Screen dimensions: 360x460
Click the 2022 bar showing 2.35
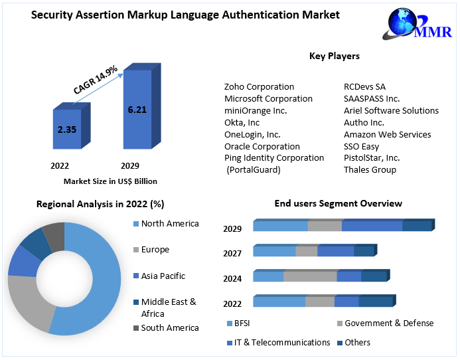66,130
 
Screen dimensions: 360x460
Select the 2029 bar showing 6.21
137,109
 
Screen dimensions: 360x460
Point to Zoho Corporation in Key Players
259,87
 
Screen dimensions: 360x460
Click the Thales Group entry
370,170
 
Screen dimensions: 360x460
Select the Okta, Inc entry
242,123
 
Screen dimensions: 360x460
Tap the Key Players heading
335,56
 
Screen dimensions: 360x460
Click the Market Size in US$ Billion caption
110,181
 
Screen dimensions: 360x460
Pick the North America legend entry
169,224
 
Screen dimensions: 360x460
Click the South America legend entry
169,328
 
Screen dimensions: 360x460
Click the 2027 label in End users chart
232,253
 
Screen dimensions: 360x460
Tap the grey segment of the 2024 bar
310,276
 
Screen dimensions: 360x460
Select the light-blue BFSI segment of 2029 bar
280,226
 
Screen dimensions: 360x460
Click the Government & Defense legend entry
388,323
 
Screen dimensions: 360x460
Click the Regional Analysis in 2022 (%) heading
100,205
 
